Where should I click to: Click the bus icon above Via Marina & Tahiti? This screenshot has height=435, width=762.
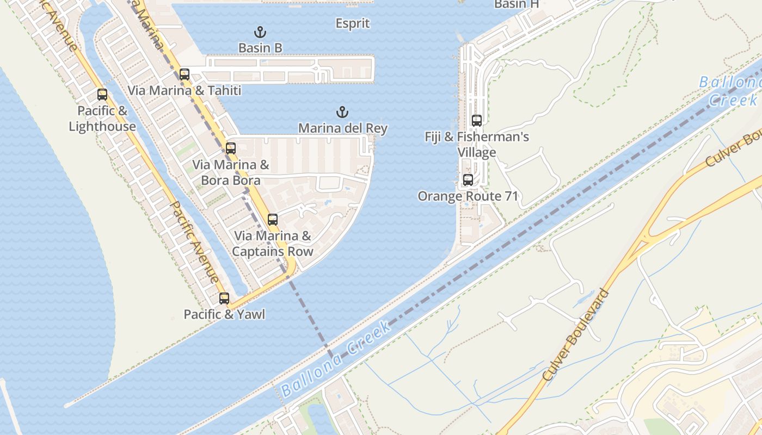185,74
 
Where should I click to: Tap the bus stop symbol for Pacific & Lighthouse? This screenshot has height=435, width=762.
102,95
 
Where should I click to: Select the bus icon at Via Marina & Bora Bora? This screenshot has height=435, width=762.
231,148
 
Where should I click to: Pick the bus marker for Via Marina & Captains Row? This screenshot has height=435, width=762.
273,220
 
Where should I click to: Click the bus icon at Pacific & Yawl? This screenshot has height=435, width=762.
224,298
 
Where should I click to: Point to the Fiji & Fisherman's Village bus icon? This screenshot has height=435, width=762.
477,121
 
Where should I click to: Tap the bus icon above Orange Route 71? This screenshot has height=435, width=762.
468,180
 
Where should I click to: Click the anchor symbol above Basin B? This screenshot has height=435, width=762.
260,32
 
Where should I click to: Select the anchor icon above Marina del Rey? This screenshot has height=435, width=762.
342,113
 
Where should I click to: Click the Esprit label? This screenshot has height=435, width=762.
353,23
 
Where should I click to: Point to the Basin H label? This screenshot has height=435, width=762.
516,4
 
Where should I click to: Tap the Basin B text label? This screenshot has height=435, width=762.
260,48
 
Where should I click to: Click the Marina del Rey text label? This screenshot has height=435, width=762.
343,128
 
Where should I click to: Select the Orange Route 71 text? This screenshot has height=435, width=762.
468,196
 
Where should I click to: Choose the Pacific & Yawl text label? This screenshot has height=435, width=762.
224,314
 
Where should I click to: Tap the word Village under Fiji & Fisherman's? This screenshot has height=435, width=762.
477,152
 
